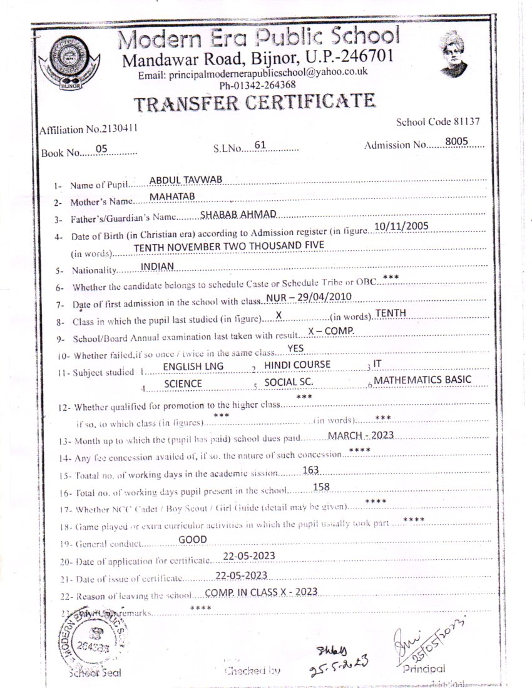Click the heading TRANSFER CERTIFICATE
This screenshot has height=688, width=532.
click(x=255, y=103)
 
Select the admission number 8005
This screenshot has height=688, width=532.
click(x=457, y=142)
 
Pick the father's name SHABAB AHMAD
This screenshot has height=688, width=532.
click(x=238, y=215)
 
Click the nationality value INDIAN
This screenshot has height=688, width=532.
click(x=157, y=266)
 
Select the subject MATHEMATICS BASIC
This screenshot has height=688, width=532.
click(x=423, y=380)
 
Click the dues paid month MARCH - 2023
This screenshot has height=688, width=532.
click(x=361, y=435)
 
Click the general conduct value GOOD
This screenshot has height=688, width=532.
click(x=192, y=539)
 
